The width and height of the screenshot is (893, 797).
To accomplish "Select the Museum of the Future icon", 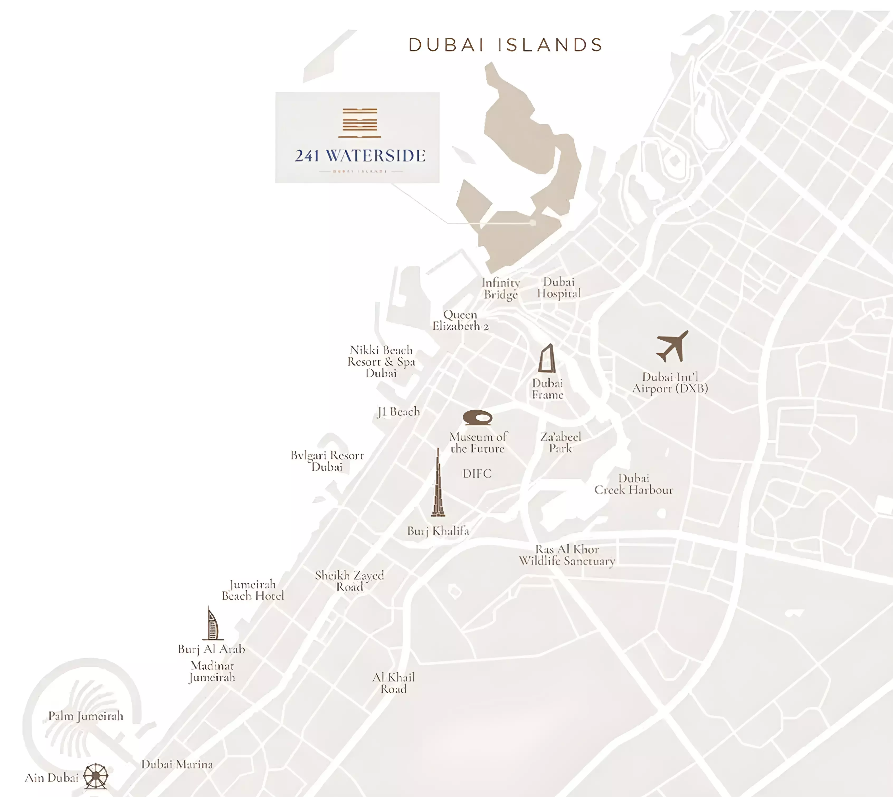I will (477, 417).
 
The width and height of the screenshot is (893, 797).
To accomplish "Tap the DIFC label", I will (477, 474).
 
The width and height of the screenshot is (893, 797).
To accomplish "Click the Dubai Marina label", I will (177, 765).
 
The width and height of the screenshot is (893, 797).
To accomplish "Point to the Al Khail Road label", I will (393, 683).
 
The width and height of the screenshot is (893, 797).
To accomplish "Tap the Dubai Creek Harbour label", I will (634, 484).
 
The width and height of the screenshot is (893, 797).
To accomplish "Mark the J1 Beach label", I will (398, 412).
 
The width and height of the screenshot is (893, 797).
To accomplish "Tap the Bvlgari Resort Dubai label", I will (327, 461).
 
